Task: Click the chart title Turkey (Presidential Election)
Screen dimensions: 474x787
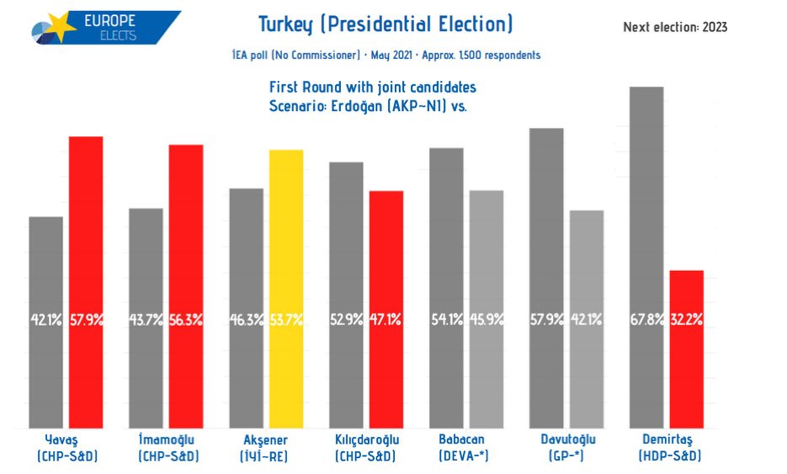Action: point(385,24)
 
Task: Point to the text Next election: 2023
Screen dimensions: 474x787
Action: point(675,27)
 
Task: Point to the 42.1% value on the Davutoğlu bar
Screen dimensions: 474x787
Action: point(587,320)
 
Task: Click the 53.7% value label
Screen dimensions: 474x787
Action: point(286,320)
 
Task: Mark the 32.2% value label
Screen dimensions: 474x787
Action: point(686,320)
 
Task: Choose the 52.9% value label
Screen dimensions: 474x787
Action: point(346,320)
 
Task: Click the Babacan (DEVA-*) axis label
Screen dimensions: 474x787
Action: point(464,447)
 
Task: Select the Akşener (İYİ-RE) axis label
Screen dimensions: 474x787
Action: point(266,447)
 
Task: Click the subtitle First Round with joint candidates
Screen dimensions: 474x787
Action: point(373,87)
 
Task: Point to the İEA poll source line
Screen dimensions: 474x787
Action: point(386,56)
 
